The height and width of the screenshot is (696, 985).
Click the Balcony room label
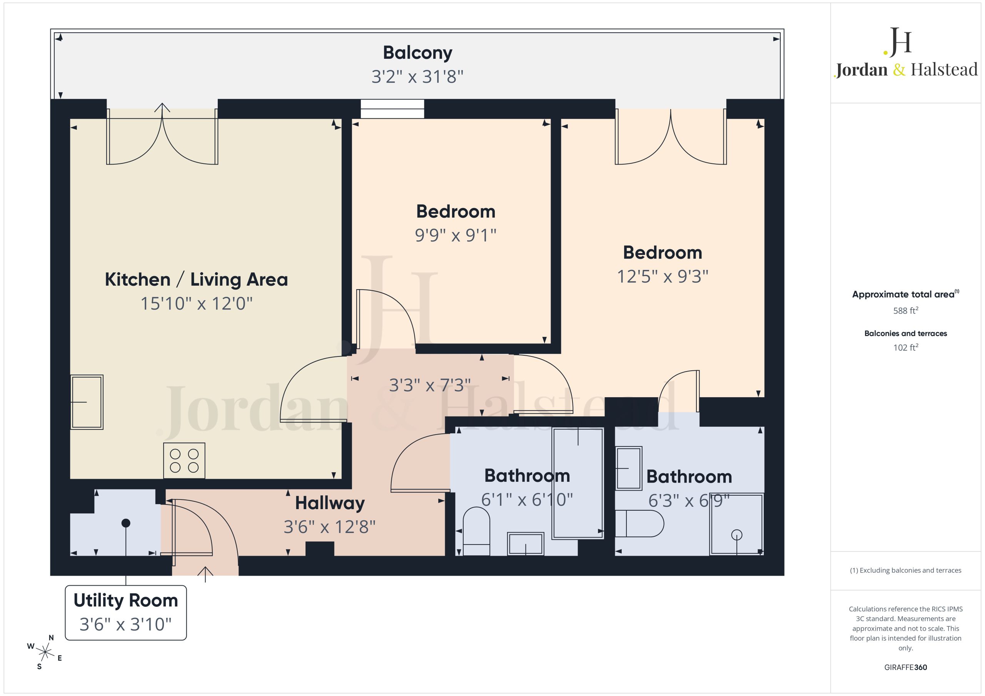(x=417, y=53)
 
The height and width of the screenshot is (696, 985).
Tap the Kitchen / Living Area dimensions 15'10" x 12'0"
(x=197, y=304)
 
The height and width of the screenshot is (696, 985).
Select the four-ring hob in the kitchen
(x=184, y=461)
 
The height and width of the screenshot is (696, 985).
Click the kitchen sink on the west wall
(x=87, y=402)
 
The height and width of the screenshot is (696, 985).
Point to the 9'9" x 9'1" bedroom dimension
(x=456, y=235)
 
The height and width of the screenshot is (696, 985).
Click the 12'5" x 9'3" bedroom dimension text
(x=663, y=276)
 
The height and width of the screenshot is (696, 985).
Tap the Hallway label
(x=330, y=503)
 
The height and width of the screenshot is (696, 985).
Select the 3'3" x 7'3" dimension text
(x=430, y=385)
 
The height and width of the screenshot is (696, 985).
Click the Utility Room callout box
(x=126, y=613)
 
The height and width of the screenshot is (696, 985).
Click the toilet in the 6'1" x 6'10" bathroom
(x=476, y=531)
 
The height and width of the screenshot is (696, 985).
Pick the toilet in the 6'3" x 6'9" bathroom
(x=639, y=524)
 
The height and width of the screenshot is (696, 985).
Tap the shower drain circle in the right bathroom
(x=736, y=535)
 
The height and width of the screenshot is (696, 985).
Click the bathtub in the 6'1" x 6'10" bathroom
(x=578, y=483)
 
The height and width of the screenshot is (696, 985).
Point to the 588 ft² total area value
(x=906, y=310)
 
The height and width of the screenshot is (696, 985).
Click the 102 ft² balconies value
(x=906, y=347)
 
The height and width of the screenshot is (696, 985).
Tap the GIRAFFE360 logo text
(x=906, y=667)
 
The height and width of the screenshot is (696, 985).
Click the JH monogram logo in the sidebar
(x=898, y=42)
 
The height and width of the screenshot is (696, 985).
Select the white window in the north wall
(x=392, y=108)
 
